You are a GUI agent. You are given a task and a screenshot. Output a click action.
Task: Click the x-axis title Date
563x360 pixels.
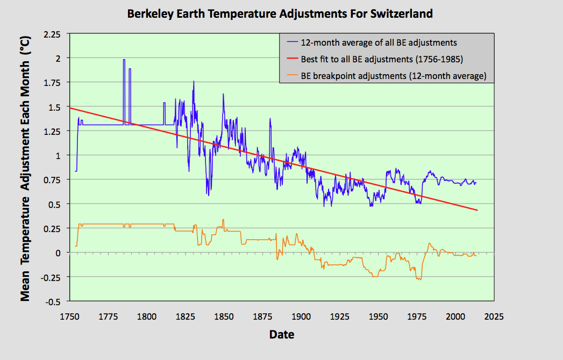(282, 335)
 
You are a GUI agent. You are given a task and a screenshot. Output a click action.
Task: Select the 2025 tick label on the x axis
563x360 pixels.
(494, 316)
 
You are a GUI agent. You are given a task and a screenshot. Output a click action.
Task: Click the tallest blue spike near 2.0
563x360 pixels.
(124, 60)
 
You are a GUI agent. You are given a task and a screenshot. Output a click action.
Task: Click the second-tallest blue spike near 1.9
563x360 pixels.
(130, 69)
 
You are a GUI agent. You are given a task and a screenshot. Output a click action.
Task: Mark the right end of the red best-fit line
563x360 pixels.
(477, 210)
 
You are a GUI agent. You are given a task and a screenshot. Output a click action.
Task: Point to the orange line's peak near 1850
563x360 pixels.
(223, 219)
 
